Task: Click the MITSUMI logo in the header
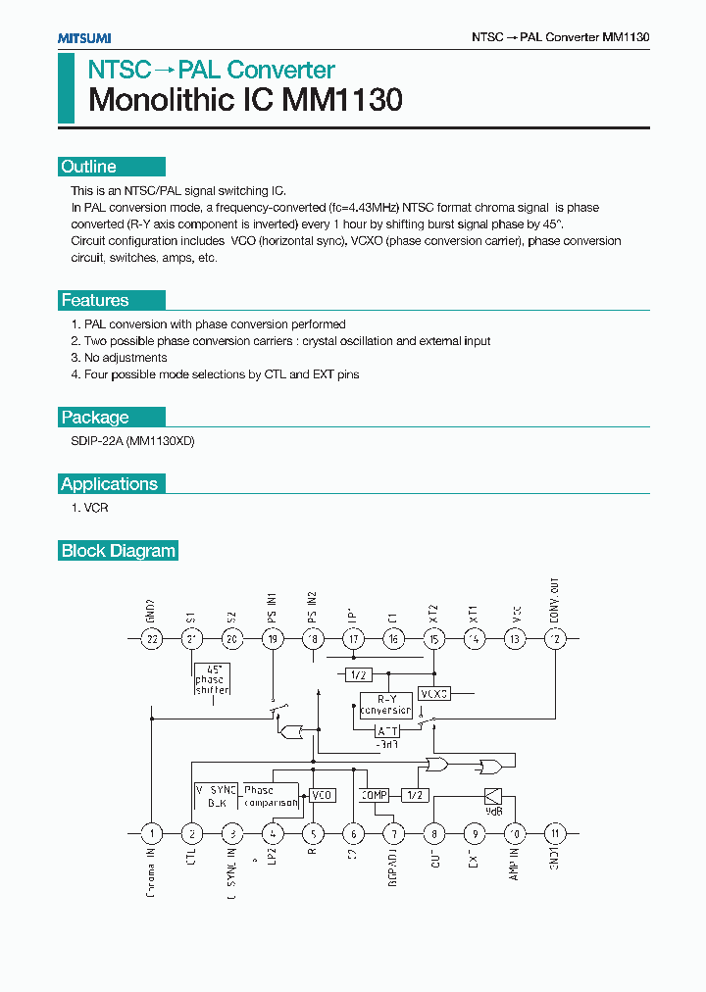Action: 84,37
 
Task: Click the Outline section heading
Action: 88,167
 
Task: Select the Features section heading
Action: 95,300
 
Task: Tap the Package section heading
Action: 95,417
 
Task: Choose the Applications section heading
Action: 109,483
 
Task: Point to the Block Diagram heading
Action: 119,550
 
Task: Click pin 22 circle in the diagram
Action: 152,639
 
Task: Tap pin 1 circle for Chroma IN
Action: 152,834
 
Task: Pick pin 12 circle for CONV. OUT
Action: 555,639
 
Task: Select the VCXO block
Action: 433,693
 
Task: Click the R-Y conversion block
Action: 385,705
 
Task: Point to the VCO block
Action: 323,795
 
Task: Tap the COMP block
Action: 375,795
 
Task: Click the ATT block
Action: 389,730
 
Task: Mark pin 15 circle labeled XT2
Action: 433,639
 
